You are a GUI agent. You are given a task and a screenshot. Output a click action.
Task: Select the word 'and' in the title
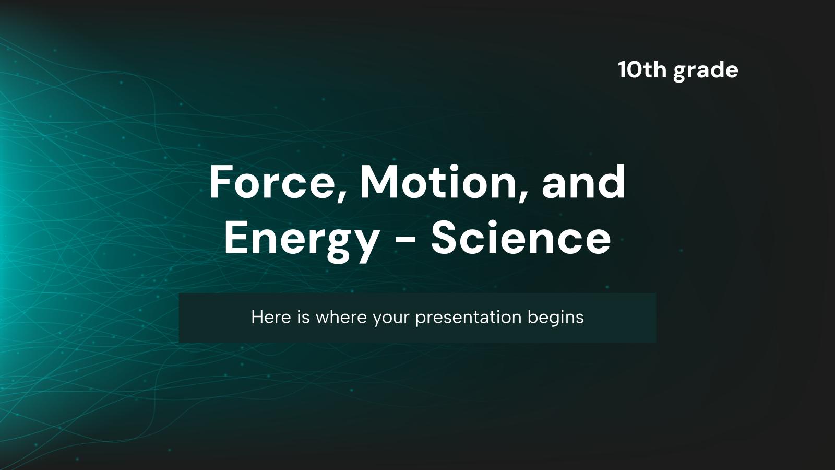(583, 182)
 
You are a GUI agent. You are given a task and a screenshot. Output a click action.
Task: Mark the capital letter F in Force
(220, 182)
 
